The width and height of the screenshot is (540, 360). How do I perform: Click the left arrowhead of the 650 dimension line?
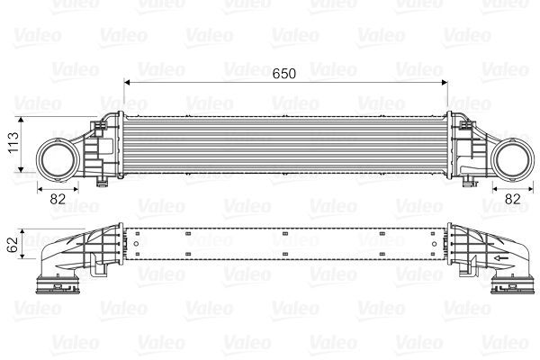click(127, 82)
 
